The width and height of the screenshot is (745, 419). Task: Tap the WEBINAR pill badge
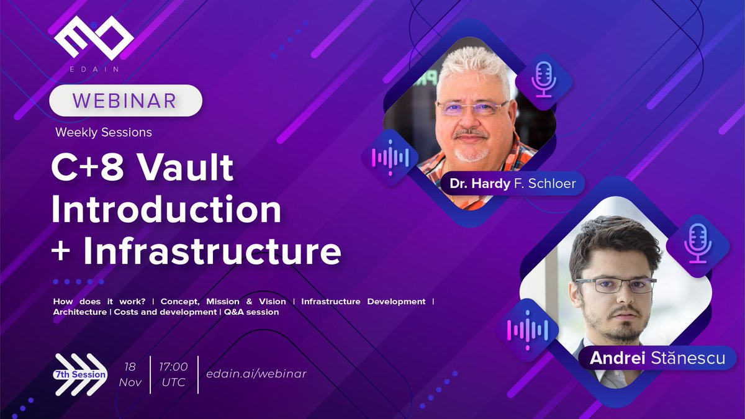tap(125, 101)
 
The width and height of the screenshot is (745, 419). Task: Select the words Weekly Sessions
tap(104, 132)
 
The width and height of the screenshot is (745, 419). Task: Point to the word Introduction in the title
tap(166, 210)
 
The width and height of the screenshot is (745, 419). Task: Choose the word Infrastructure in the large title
tap(212, 253)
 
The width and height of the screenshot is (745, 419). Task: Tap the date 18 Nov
tap(130, 374)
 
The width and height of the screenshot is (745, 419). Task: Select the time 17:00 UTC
tap(173, 374)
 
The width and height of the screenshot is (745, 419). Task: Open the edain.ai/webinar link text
tap(256, 374)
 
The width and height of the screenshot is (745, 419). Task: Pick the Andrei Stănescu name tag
tap(657, 359)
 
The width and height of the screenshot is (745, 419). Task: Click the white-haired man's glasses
tap(472, 107)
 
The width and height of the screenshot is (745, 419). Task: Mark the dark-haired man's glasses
tap(614, 285)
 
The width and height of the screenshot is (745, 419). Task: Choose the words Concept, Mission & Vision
tap(223, 302)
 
